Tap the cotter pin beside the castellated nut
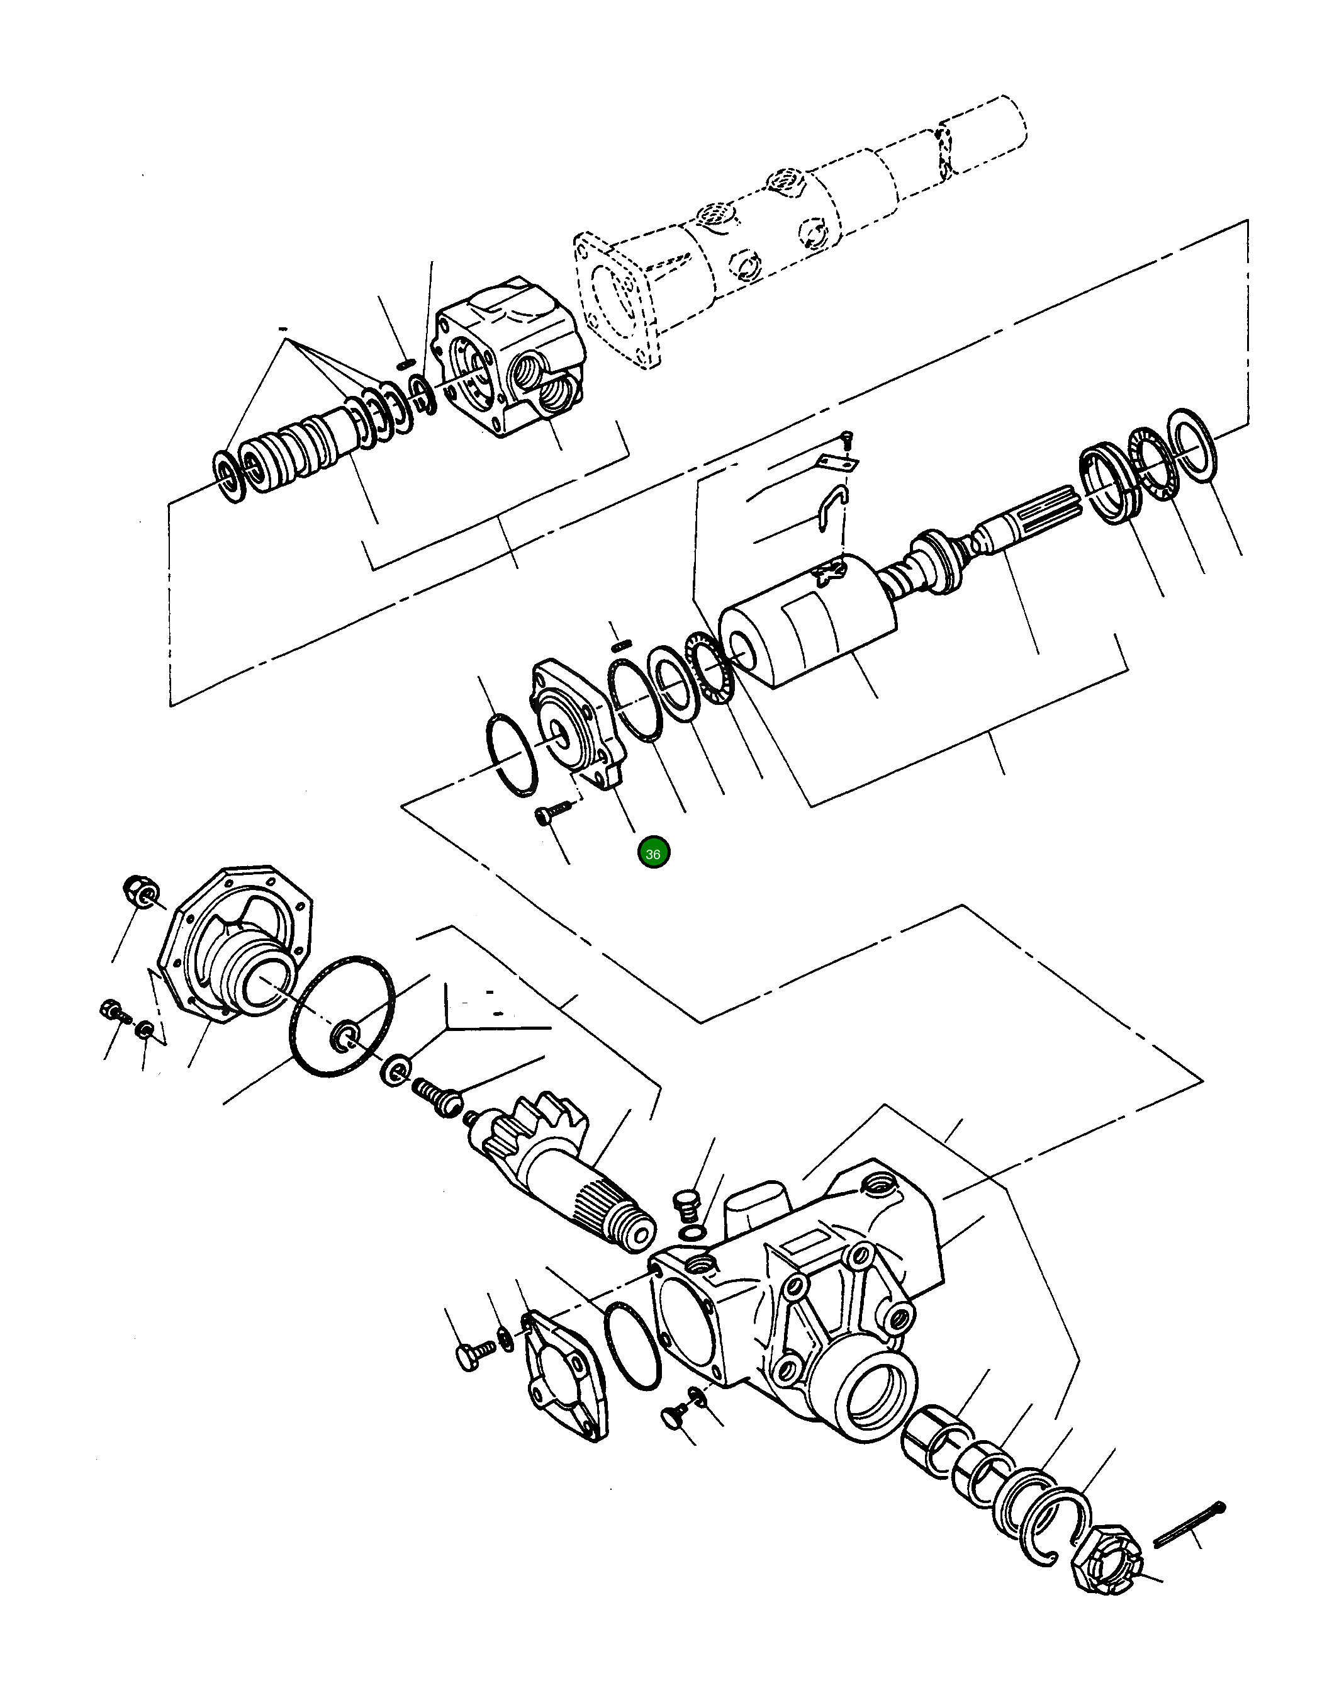click(x=1189, y=1524)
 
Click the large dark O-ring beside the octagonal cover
click(x=342, y=1016)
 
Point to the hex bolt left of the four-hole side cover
click(x=472, y=1355)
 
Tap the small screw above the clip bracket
click(x=846, y=440)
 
